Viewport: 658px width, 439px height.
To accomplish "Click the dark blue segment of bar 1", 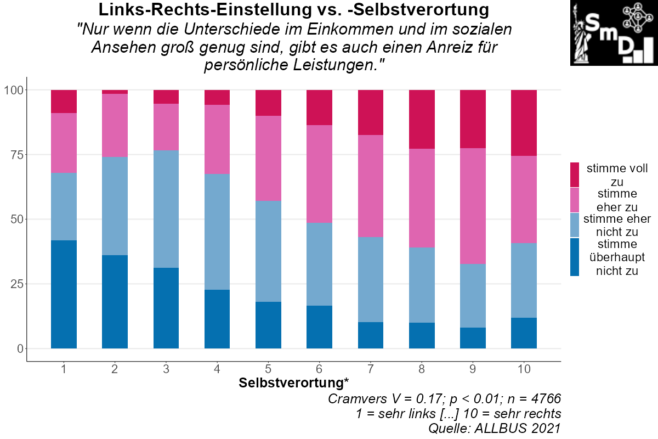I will pos(64,294).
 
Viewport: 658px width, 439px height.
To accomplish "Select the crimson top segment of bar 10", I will pos(524,122).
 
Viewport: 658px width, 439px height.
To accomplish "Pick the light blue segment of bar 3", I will pos(166,209).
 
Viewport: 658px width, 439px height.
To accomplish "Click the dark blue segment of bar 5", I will pos(268,325).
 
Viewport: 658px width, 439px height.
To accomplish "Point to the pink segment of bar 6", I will pos(319,173).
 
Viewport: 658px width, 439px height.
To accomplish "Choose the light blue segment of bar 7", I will pos(371,279).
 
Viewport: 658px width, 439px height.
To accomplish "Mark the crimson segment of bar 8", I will pos(422,119).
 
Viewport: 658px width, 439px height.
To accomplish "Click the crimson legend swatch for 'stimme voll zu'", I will pos(575,175).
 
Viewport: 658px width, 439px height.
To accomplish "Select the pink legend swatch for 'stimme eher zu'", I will pos(575,200).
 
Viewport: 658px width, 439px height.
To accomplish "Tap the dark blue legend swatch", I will pos(575,257).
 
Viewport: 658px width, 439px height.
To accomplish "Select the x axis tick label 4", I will pos(217,369).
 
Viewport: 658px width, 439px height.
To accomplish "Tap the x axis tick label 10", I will pos(524,369).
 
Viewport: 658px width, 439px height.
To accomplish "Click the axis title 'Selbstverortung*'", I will pos(294,383).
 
